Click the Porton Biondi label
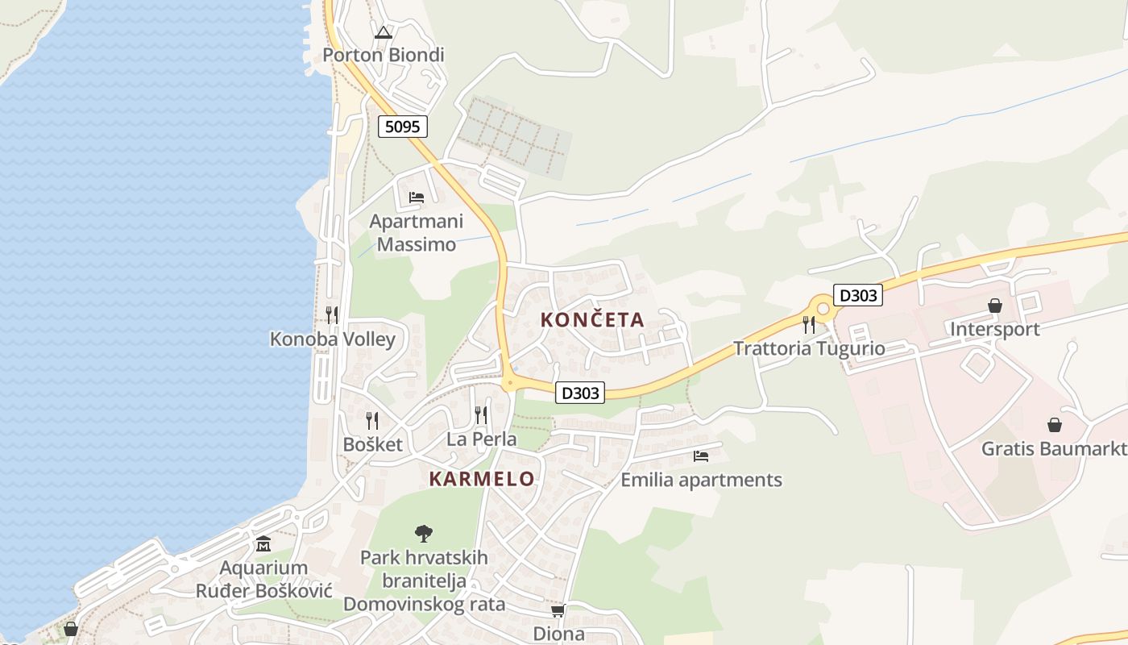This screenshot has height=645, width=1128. coord(384,55)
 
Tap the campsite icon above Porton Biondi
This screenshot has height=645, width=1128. coord(384,33)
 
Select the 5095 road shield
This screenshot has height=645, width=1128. coord(402,127)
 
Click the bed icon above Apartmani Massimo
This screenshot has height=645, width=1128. coord(417,198)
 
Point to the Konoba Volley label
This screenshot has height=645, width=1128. coord(333,339)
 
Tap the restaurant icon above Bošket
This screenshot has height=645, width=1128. coord(372,420)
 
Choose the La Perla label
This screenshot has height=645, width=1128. coord(482,439)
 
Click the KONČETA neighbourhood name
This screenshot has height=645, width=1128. coord(592,320)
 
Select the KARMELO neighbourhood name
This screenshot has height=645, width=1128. coord(482,479)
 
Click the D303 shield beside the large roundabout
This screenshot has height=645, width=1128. coord(857,295)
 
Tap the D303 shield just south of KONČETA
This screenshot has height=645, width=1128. coord(580,393)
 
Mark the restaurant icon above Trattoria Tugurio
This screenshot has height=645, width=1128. coord(809,325)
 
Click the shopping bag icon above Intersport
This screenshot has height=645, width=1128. coord(995,306)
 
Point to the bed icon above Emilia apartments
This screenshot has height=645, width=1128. coord(701,456)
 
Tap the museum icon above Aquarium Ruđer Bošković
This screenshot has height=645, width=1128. coord(263,544)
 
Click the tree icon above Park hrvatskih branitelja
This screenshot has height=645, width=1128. coord(424,533)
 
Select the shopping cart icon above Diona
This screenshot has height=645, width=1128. coord(558,610)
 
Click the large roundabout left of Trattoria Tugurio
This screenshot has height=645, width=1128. coord(823,307)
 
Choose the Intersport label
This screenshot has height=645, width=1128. coord(995,329)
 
